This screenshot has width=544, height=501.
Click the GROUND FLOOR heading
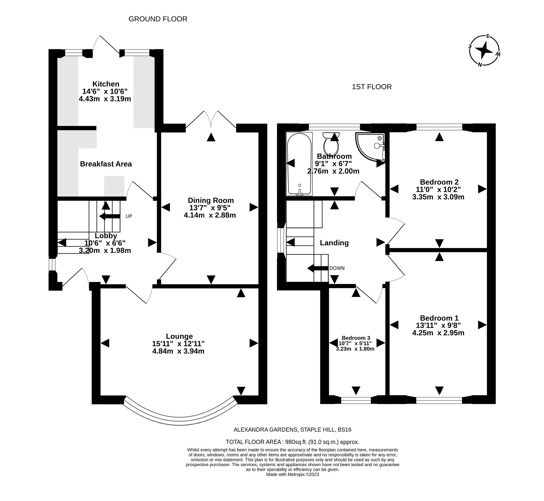pos(158,19)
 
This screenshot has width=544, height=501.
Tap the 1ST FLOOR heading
pos(372,87)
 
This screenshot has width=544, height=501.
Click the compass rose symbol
pos(484,51)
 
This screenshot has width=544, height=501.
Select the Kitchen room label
pos(106,84)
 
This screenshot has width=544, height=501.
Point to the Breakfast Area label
pos(106,164)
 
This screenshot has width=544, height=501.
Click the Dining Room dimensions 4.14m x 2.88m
pos(210,215)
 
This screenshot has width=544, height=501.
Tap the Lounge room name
pos(179,336)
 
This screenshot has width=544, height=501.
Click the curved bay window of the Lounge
pos(179,421)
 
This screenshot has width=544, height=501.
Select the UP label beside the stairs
pos(129,216)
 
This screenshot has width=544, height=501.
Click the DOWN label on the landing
pos(337,268)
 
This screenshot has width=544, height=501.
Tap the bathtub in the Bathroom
pos(299,164)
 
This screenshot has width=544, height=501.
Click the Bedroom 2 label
pos(439,182)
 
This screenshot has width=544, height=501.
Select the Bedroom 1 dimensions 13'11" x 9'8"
pos(438,325)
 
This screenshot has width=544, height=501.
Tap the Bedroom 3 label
pos(356,338)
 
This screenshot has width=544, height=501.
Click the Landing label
pos(334,243)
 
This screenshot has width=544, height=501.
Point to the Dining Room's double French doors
pos(211,119)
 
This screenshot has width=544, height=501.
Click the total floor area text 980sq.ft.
pos(293,442)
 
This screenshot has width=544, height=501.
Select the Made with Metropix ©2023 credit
pos(293,474)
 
